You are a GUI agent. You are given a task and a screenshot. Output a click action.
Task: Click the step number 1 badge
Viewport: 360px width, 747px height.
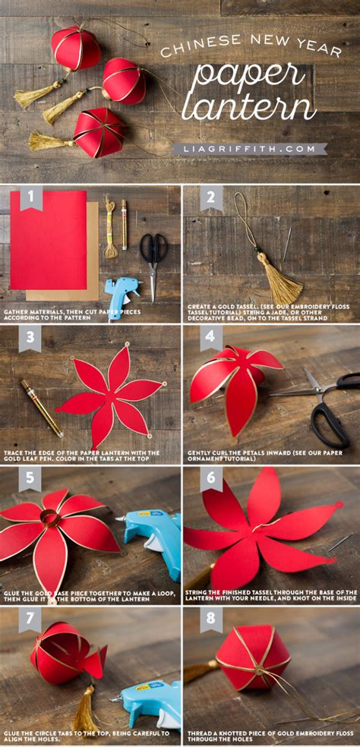point(30,199)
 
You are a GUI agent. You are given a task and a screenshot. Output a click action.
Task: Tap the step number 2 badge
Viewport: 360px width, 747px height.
point(211,199)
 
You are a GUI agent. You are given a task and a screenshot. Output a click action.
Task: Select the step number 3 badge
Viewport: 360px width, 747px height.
point(30,339)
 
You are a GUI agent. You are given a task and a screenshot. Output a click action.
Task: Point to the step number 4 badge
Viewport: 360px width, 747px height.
point(211,339)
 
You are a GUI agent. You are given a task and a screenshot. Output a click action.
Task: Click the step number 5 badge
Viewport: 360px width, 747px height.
point(30,479)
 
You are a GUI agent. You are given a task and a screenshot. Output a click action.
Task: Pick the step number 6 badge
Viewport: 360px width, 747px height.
point(211,479)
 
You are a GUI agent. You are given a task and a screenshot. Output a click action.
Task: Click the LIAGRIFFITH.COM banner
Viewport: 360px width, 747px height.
point(250,150)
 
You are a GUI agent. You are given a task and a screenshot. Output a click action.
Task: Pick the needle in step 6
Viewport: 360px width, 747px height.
point(339,542)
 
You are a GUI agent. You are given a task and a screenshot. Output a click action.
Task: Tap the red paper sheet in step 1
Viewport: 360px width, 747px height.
point(48,239)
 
